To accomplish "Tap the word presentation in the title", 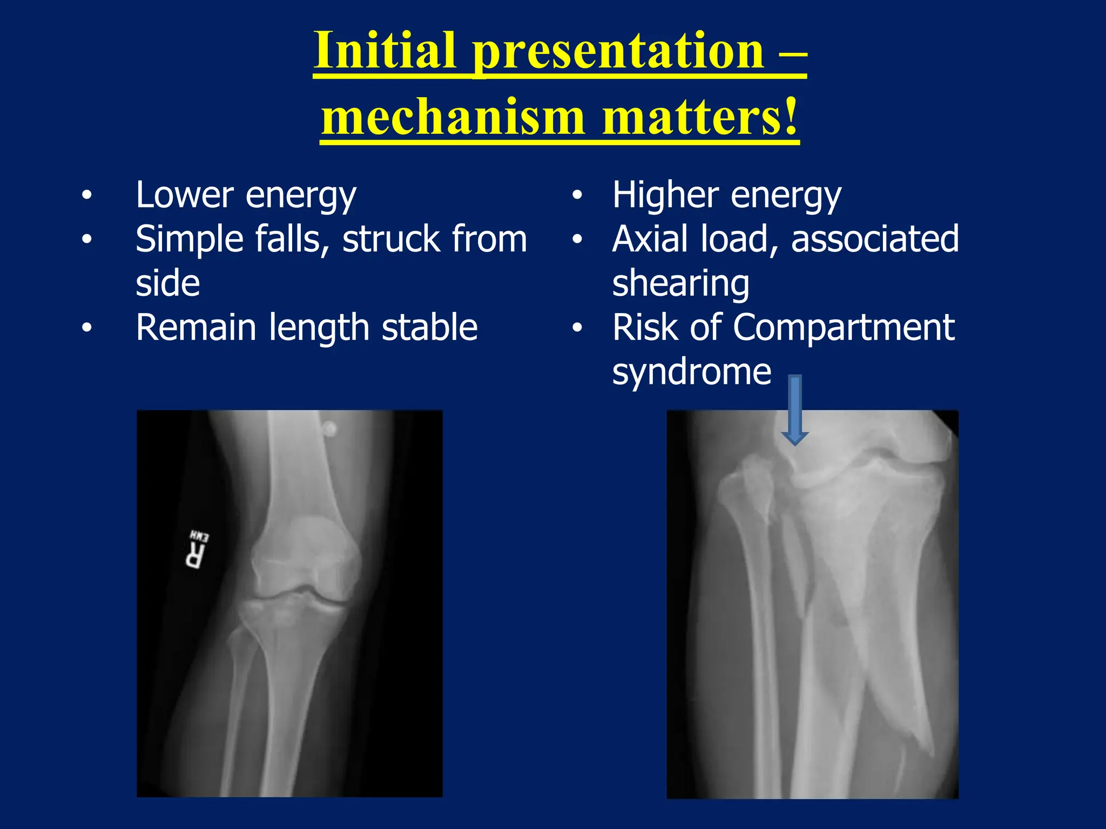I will pos(618,51).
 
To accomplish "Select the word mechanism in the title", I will pos(453,117).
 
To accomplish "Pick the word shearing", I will pos(680,284).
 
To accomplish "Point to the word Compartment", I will pos(844,328).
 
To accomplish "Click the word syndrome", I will pos(691,372).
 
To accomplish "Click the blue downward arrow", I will pos(794,410).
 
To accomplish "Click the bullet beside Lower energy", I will pos(86,195).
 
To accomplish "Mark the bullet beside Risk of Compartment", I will pos(577,328).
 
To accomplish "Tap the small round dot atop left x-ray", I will pos(329,429).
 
